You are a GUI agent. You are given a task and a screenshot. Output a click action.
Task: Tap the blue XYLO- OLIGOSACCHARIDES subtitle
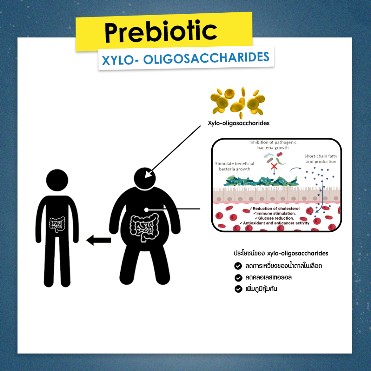tap(186, 58)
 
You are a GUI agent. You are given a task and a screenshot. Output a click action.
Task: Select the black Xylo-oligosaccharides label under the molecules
tap(238, 123)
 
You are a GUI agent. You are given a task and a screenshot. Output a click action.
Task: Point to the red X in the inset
tap(274, 166)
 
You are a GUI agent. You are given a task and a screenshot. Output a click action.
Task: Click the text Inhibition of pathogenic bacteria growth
tap(273, 145)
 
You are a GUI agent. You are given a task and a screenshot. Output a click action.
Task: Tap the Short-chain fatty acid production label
tap(321, 159)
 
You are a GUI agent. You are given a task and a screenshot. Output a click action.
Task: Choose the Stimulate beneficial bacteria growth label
tap(234, 166)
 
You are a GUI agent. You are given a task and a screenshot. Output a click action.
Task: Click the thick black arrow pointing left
tap(99, 240)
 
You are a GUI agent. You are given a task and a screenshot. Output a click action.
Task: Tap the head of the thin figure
tap(57, 180)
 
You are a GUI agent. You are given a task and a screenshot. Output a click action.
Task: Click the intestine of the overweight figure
tap(144, 228)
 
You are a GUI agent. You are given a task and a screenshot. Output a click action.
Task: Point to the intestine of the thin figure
tap(57, 224)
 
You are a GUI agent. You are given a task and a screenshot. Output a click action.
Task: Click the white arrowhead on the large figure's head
tap(148, 174)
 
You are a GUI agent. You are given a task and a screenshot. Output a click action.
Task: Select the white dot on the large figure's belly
tap(146, 210)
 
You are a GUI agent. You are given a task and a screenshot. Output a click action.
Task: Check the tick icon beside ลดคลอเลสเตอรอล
tap(238, 278)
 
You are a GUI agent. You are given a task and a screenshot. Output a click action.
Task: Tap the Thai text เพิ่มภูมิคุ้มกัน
tap(261, 289)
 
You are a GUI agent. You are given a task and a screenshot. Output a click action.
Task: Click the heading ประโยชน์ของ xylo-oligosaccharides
tap(281, 253)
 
